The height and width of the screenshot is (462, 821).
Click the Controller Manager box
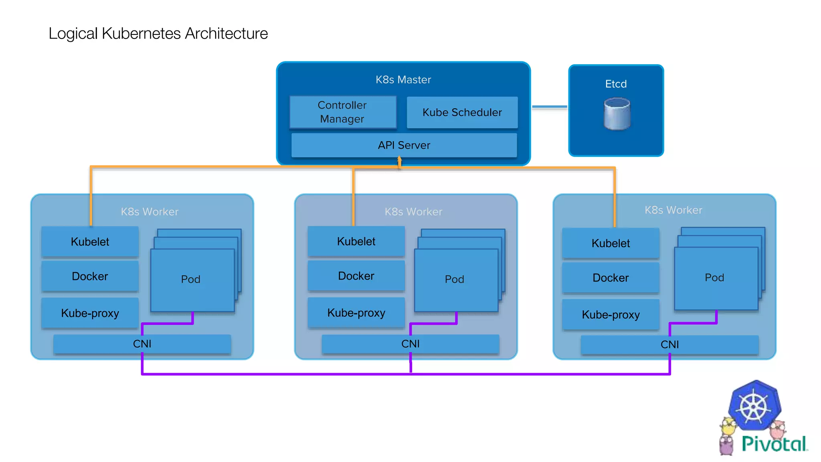pyautogui.click(x=343, y=112)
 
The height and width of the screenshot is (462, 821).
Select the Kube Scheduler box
pyautogui.click(x=462, y=112)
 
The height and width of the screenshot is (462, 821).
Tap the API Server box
pyautogui.click(x=404, y=145)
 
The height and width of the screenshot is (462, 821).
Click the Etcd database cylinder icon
pyautogui.click(x=617, y=114)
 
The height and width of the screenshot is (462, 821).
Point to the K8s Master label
pyautogui.click(x=403, y=80)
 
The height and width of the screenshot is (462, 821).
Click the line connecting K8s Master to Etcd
pyautogui.click(x=549, y=107)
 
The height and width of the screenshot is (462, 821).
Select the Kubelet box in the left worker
pyautogui.click(x=90, y=242)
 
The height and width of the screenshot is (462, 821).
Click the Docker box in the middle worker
pyautogui.click(x=356, y=276)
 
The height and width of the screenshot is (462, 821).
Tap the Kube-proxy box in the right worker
pyautogui.click(x=611, y=315)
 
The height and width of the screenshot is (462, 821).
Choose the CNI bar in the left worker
pyautogui.click(x=142, y=344)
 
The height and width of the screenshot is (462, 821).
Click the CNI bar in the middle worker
pyautogui.click(x=410, y=344)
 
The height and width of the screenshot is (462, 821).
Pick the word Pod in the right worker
pyautogui.click(x=714, y=278)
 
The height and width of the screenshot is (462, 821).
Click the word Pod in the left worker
pyautogui.click(x=190, y=279)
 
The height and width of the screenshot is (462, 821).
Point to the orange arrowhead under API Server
pyautogui.click(x=399, y=160)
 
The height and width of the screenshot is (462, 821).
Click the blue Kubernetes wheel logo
pyautogui.click(x=754, y=406)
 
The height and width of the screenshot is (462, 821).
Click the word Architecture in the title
pyautogui.click(x=226, y=33)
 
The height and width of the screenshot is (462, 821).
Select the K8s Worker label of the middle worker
pyautogui.click(x=413, y=212)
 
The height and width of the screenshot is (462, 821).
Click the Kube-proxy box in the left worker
pyautogui.click(x=90, y=313)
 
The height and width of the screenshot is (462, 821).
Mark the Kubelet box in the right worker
pyautogui.click(x=611, y=243)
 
